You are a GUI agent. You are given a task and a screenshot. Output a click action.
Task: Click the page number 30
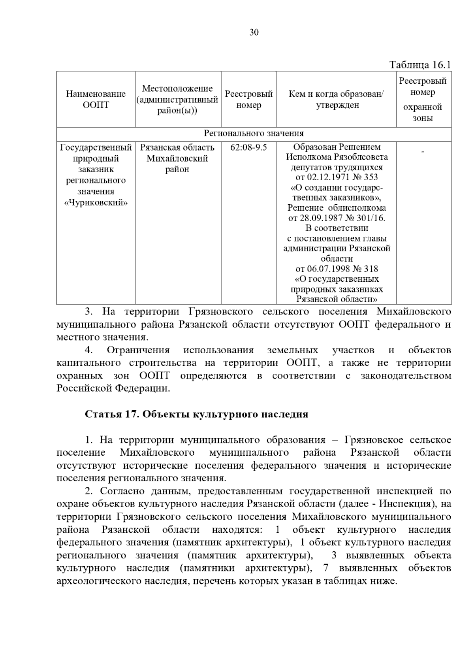coord(254,32)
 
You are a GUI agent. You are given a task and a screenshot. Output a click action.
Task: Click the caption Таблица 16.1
coord(420,65)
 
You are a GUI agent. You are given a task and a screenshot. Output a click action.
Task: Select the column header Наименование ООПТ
coord(96,100)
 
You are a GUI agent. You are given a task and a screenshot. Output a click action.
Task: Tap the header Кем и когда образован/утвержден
coord(336,100)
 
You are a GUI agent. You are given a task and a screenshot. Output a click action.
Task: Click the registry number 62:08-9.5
coord(248,147)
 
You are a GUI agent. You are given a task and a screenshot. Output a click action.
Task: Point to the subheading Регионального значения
coord(254,134)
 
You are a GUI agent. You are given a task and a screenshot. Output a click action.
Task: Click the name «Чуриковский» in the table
coord(96,203)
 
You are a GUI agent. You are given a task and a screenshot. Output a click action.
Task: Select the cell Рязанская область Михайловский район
coord(177,158)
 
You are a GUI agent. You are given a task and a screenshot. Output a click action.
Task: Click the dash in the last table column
coord(423,152)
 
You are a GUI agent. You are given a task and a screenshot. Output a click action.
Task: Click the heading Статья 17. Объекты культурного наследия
coord(196,414)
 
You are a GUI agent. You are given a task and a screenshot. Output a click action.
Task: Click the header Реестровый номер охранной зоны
coord(423,100)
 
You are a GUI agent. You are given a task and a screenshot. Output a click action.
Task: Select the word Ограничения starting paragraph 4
coord(138,350)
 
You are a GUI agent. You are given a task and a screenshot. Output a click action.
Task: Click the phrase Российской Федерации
coord(113,388)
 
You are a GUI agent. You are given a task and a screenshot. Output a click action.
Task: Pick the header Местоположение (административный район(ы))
coord(177,100)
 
